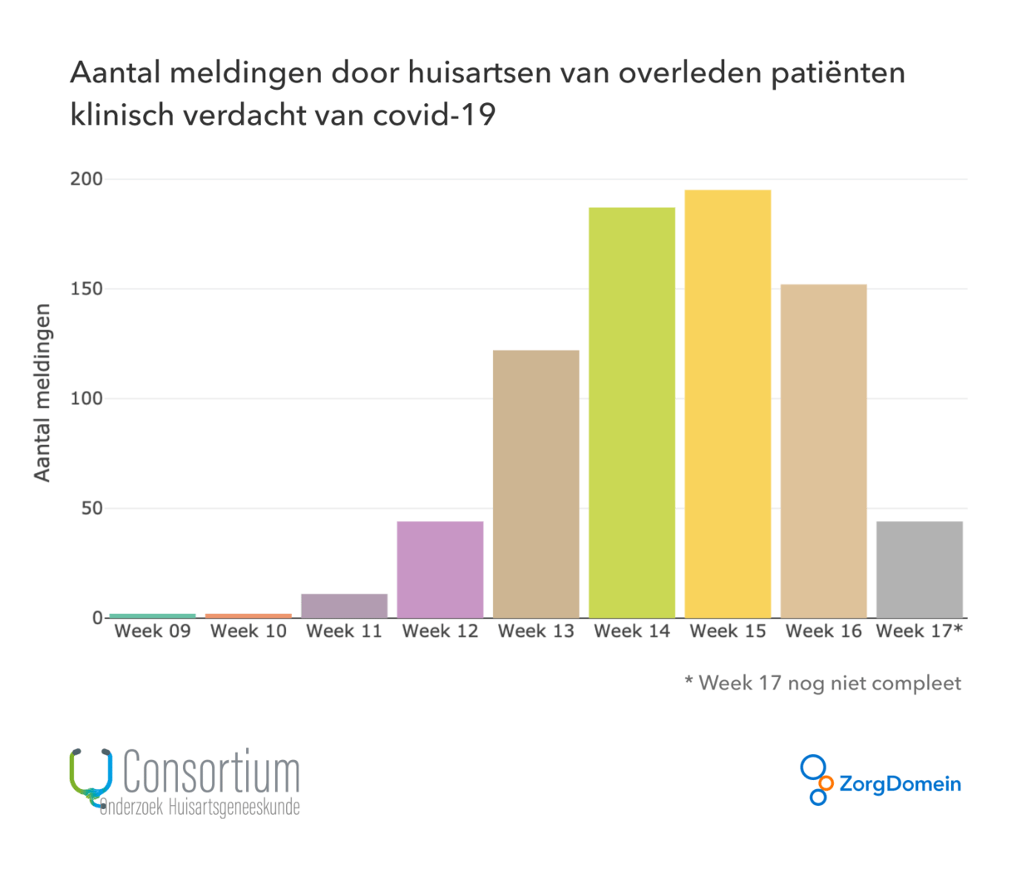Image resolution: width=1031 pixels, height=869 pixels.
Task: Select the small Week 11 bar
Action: tap(344, 605)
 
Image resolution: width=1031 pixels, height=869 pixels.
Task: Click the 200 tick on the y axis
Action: tap(86, 179)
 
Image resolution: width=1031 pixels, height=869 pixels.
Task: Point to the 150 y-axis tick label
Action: tap(86, 289)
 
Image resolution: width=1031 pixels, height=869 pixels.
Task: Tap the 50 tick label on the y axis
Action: tap(91, 508)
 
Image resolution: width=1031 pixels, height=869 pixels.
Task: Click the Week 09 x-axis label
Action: tap(152, 631)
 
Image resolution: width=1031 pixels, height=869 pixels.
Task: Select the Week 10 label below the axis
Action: tap(249, 631)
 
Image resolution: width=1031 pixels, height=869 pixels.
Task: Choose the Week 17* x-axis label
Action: tap(919, 631)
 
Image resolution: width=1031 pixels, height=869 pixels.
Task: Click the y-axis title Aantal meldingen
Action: tap(42, 393)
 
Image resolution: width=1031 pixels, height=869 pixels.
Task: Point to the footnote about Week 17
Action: tap(822, 684)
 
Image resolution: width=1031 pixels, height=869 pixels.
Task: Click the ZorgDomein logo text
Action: tap(900, 784)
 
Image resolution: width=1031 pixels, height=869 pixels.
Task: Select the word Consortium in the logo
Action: tap(211, 773)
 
